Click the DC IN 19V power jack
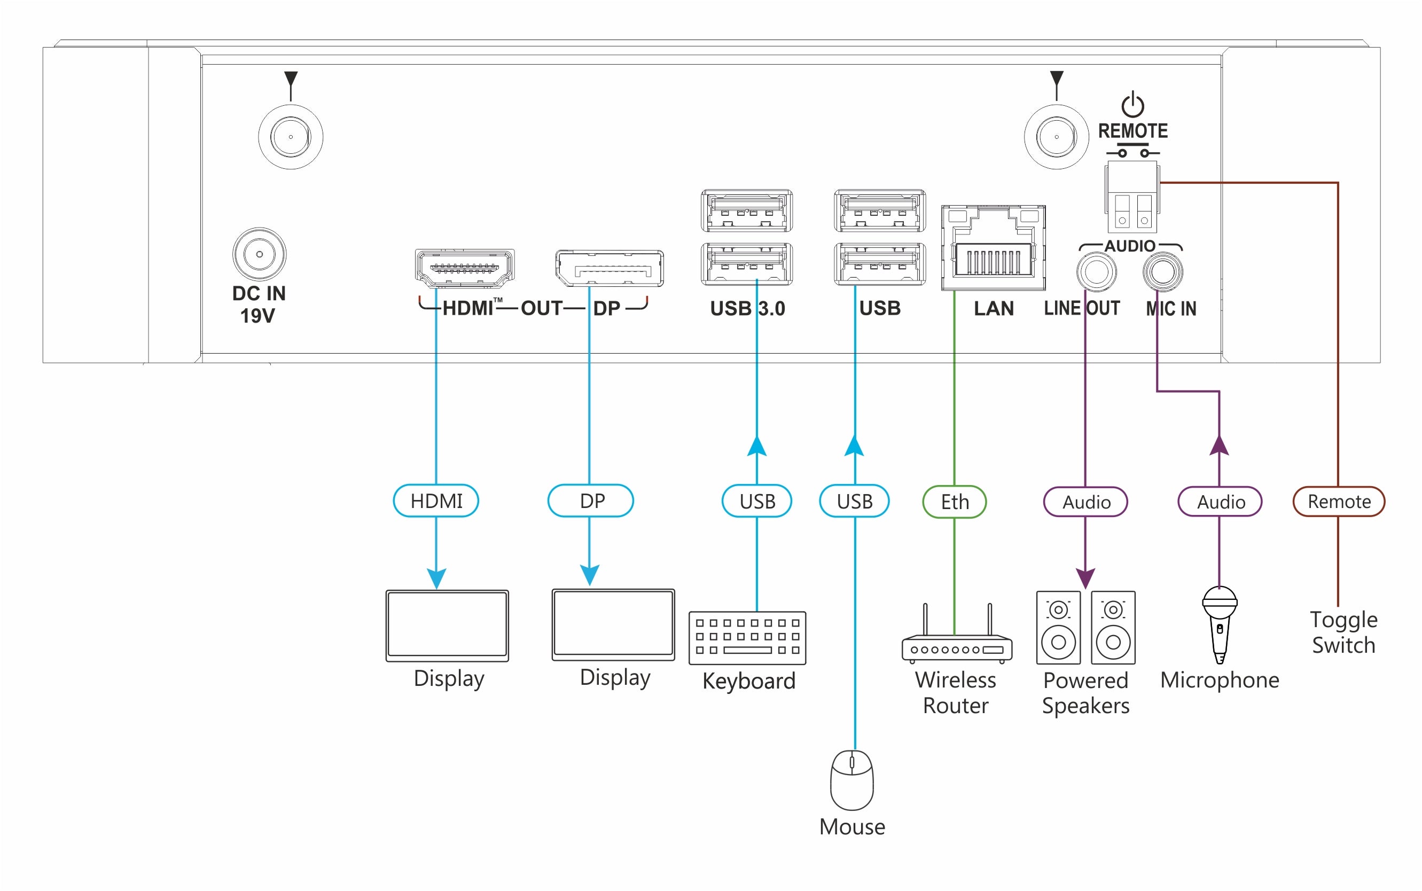pyautogui.click(x=259, y=254)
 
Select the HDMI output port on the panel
pyautogui.click(x=464, y=268)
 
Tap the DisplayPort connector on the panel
pyautogui.click(x=610, y=269)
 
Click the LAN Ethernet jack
pyautogui.click(x=993, y=248)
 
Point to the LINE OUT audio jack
pyautogui.click(x=1096, y=272)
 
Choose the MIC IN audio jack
pyautogui.click(x=1162, y=272)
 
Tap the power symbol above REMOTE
pyautogui.click(x=1132, y=105)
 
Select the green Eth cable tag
pyautogui.click(x=954, y=502)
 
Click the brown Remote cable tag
pyautogui.click(x=1338, y=502)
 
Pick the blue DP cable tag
pyautogui.click(x=590, y=501)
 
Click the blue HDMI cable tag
pyautogui.click(x=436, y=501)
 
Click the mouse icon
pyautogui.click(x=851, y=780)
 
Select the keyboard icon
pyautogui.click(x=747, y=638)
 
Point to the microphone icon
pyautogui.click(x=1220, y=624)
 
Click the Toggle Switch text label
pyautogui.click(x=1343, y=632)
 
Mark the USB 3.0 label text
pyautogui.click(x=747, y=308)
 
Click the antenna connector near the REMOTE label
pyautogui.click(x=1056, y=137)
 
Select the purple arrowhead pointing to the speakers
pyautogui.click(x=1085, y=578)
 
